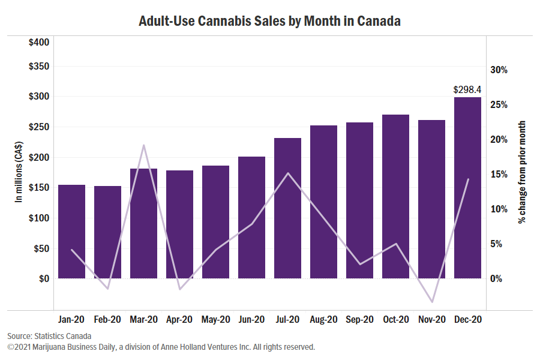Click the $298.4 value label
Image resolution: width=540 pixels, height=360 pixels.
[x=467, y=90]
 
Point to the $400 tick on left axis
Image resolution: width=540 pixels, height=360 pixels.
[x=39, y=43]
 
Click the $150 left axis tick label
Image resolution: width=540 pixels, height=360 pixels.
[x=39, y=187]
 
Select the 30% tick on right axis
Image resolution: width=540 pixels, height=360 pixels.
[x=499, y=70]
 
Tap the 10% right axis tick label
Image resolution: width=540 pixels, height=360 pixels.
[x=499, y=209]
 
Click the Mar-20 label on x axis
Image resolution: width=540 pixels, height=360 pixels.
[x=143, y=320]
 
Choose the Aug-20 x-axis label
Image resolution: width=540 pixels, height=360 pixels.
[x=323, y=320]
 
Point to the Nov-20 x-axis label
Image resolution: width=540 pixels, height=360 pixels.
[x=431, y=320]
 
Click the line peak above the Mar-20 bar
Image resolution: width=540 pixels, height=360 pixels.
[x=143, y=145]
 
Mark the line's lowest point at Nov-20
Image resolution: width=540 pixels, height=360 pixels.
[x=431, y=302]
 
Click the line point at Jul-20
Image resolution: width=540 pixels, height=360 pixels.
[x=287, y=173]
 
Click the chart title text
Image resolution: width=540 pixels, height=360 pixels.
[x=269, y=22]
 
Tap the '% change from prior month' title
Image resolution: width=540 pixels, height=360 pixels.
[x=523, y=172]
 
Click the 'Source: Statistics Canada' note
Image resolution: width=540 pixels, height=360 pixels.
[x=49, y=336]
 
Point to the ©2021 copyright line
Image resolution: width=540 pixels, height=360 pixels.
[x=161, y=347]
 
